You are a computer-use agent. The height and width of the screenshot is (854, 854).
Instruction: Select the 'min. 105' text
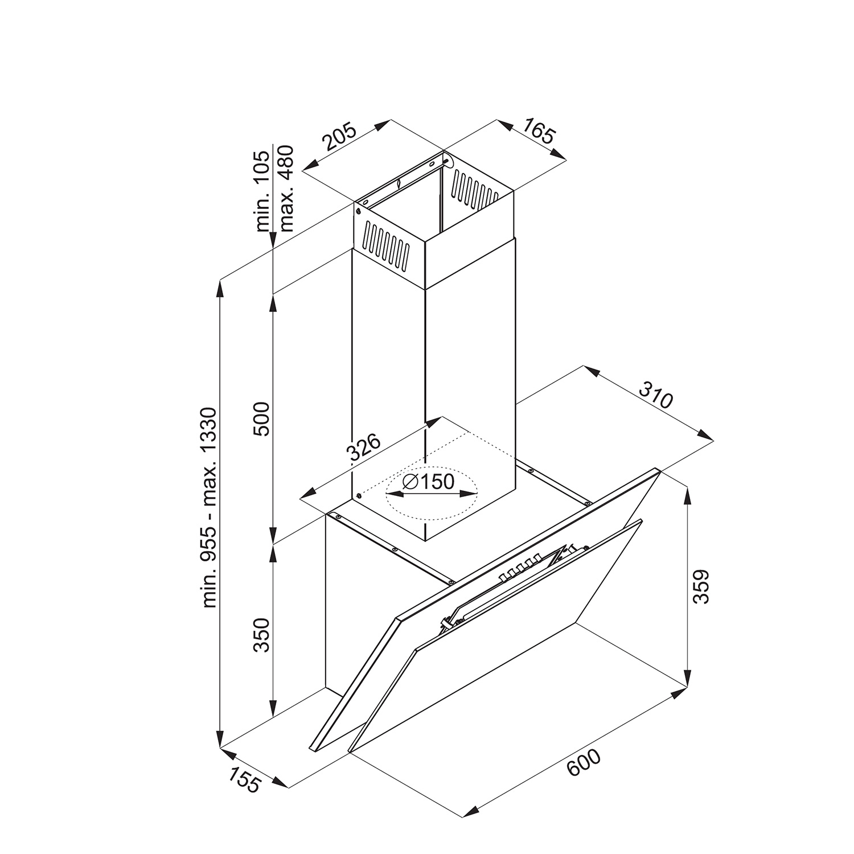pyautogui.click(x=262, y=191)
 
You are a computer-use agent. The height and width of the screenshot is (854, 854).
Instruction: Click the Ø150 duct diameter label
pyautogui.click(x=428, y=482)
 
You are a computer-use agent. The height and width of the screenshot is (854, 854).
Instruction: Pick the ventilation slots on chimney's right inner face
pyautogui.click(x=475, y=187)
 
